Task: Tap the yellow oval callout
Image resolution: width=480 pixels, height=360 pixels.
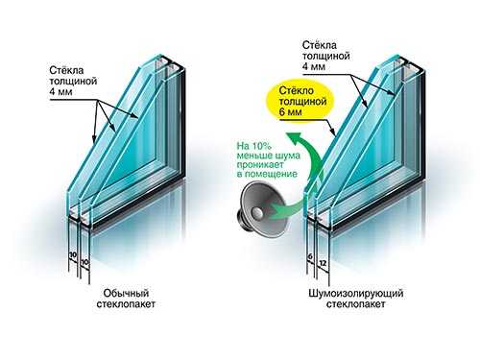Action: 300,102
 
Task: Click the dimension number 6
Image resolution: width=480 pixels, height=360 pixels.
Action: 310,256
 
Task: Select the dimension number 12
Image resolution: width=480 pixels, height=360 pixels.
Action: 323,263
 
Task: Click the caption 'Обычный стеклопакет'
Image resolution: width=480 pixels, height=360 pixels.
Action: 126,299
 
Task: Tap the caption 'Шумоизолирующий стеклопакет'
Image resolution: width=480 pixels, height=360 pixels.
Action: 355,299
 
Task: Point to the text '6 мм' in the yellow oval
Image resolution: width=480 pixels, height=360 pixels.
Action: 290,112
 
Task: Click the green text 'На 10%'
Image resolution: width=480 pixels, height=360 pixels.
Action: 254,146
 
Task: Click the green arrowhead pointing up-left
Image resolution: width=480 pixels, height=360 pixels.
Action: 293,136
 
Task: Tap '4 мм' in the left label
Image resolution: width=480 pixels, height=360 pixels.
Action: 60,92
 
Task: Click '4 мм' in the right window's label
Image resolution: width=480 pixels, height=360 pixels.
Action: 314,66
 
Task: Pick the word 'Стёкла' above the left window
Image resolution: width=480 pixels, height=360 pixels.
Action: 66,70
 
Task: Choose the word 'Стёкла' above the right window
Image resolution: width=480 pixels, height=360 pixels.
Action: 320,45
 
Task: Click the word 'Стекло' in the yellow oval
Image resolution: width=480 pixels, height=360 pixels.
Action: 297,90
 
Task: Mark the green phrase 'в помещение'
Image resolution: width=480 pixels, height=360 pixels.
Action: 267,174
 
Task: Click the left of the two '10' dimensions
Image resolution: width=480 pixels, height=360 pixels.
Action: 73,255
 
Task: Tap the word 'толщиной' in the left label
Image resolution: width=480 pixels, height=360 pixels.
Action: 73,81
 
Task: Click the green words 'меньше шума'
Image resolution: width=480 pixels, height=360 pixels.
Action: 269,156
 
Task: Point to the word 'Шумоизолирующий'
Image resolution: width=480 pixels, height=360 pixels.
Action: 355,294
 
